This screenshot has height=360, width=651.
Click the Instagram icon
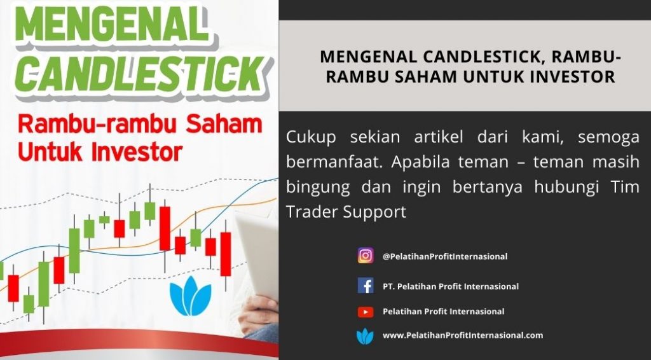click(x=366, y=256)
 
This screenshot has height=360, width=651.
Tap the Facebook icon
click(x=366, y=286)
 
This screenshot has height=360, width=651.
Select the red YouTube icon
click(x=366, y=312)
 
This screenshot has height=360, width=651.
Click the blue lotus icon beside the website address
click(x=365, y=336)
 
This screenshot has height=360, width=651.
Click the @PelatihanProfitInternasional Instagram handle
click(x=444, y=256)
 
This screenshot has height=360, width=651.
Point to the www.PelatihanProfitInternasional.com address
click(x=463, y=335)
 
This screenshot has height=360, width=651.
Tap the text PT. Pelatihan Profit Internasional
click(x=451, y=286)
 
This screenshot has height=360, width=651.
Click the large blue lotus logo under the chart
click(x=191, y=296)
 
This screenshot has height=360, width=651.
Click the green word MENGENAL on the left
click(x=111, y=25)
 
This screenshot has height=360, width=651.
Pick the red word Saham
click(x=224, y=125)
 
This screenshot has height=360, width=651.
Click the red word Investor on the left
click(x=137, y=152)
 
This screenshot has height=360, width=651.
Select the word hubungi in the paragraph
click(x=566, y=188)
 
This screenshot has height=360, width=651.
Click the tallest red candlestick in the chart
click(x=165, y=228)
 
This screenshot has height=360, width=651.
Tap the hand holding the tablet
click(x=258, y=314)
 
